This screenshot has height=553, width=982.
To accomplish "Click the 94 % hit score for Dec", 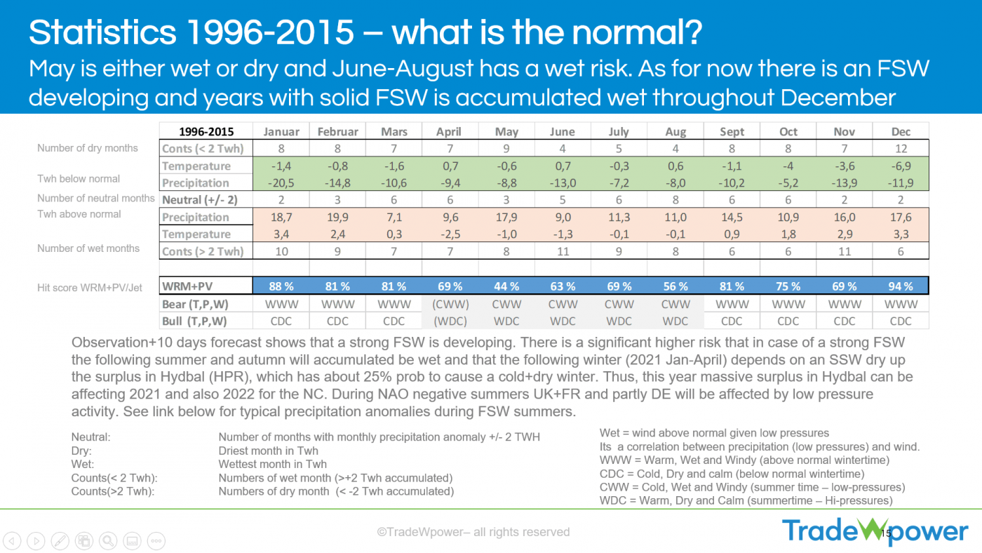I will (x=901, y=286).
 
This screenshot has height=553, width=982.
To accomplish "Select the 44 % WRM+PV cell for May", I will (x=506, y=286).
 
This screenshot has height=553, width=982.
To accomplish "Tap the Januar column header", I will (x=281, y=131).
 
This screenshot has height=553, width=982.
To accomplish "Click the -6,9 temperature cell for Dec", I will (x=901, y=166).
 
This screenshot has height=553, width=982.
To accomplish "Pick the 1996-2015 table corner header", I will (x=206, y=131).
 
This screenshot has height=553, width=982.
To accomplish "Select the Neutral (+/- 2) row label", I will (x=200, y=199).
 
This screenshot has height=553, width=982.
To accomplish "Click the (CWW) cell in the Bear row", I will (x=450, y=304).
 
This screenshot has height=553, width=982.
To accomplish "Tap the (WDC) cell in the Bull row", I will (x=450, y=321).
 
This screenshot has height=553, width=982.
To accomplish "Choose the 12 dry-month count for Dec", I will (x=901, y=148).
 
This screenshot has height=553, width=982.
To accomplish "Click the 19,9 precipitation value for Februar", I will (x=337, y=217).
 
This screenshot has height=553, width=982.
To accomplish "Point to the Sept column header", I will (x=732, y=131).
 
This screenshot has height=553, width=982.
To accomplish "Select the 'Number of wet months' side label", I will (x=88, y=248).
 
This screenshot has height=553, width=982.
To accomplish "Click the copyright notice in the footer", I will (x=473, y=532).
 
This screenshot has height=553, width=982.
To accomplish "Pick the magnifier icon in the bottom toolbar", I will (x=108, y=540).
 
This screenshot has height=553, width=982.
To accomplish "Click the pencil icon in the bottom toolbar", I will (x=60, y=540).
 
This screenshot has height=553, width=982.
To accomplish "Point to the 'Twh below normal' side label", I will (x=79, y=179).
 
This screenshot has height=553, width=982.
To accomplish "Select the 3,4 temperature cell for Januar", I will (x=281, y=234).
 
